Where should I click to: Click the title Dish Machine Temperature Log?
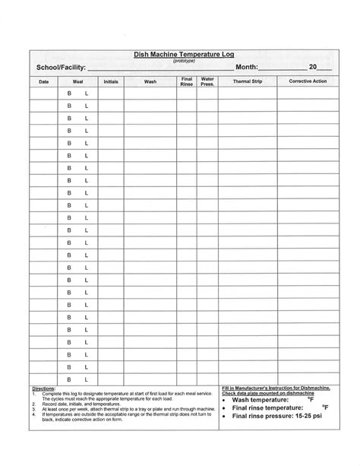(179, 55)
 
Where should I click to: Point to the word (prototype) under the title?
(179, 62)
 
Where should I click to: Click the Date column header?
(43, 81)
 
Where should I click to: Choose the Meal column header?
(77, 81)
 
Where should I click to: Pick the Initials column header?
(110, 81)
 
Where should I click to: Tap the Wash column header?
(150, 81)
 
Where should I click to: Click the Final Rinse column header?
(186, 81)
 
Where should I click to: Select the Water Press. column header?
(207, 81)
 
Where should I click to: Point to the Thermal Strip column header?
(247, 81)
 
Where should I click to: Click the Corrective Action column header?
(307, 81)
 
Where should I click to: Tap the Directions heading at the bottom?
(43, 387)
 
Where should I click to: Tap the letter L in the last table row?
(87, 378)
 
